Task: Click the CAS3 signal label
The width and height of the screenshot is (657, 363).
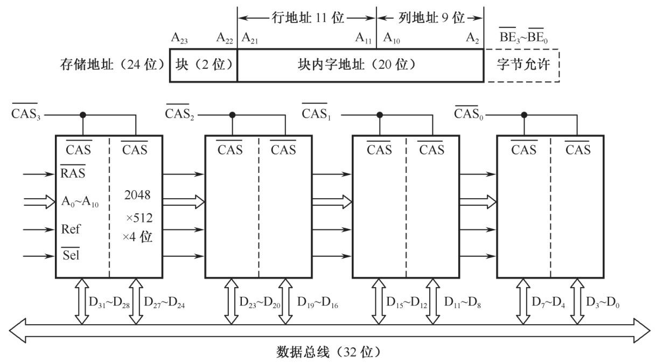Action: pos(25,114)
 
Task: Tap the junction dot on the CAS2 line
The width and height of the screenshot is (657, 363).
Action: pos(233,115)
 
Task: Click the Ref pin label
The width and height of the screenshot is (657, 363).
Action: pos(71,229)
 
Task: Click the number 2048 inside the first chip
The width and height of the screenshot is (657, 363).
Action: pos(138,194)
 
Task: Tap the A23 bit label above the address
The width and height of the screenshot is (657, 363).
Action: pos(179,38)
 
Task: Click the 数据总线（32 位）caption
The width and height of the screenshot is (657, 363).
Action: pos(329,352)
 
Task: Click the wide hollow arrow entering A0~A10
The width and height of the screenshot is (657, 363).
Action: pos(40,202)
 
